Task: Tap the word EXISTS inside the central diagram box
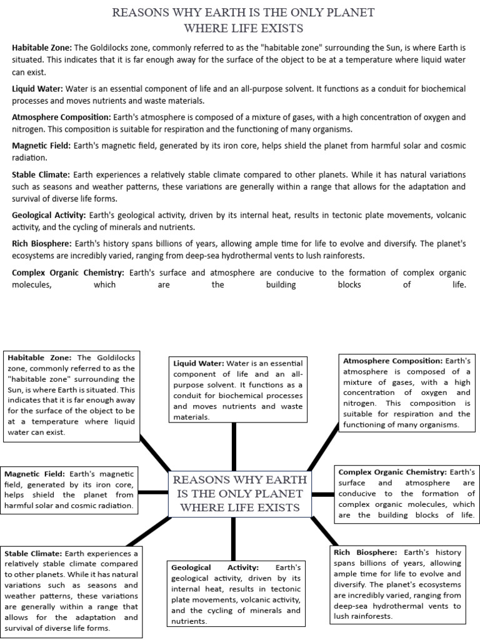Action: (x=275, y=507)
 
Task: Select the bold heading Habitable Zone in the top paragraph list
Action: (x=42, y=47)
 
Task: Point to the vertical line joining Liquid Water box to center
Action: (x=234, y=445)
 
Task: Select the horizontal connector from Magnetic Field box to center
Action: (x=154, y=494)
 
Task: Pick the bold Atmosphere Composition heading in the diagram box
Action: (x=391, y=361)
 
